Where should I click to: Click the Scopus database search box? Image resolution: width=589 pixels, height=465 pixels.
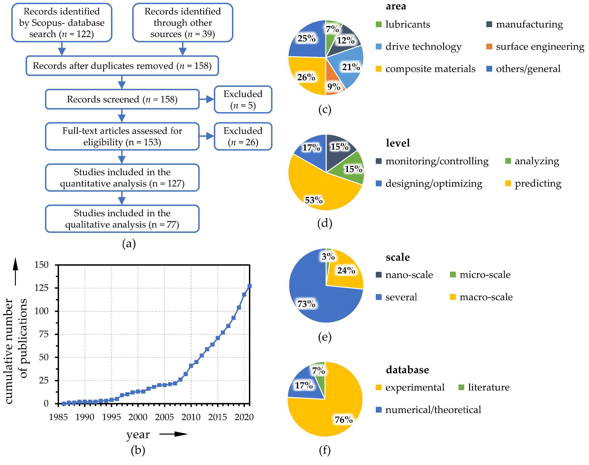(62, 23)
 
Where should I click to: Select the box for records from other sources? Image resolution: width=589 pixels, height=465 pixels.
(182, 23)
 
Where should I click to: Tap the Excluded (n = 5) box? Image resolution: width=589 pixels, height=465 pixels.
(243, 99)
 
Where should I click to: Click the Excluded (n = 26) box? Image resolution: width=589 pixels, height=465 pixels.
(243, 136)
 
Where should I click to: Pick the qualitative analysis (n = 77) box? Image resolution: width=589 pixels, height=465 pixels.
(122, 219)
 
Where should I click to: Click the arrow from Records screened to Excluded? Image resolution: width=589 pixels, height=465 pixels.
(206, 99)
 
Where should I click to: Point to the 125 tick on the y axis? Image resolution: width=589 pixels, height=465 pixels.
(41, 288)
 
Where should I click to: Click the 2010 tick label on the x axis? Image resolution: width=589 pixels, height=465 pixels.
(191, 417)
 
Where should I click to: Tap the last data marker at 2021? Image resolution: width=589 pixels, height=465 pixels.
(249, 286)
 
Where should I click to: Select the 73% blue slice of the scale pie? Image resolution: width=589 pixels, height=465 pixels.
(313, 300)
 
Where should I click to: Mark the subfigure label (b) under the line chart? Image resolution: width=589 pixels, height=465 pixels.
(138, 450)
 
